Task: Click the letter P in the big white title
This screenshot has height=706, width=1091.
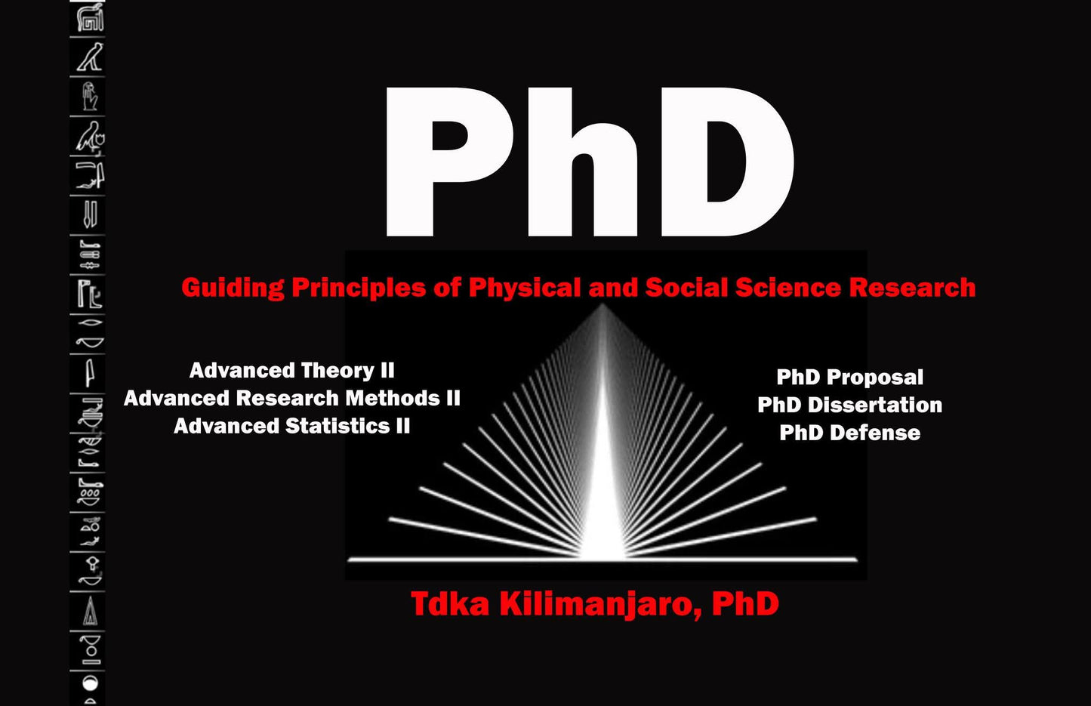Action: [x=445, y=162]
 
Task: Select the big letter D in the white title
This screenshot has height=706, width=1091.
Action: [x=725, y=162]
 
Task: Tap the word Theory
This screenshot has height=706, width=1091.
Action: [x=336, y=371]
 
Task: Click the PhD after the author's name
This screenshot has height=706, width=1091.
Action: [x=745, y=604]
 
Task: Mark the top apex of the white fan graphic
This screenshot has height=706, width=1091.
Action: [x=603, y=306]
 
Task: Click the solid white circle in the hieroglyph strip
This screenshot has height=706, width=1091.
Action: [x=90, y=683]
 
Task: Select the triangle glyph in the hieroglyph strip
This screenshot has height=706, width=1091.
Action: [x=90, y=612]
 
